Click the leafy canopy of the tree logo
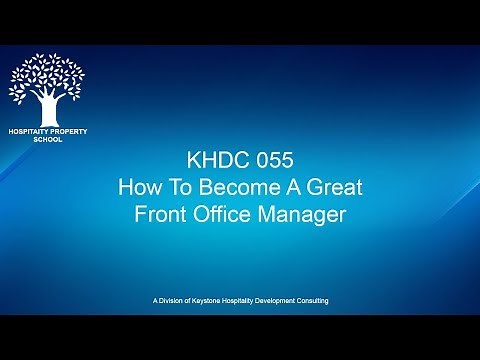click(x=46, y=77)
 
